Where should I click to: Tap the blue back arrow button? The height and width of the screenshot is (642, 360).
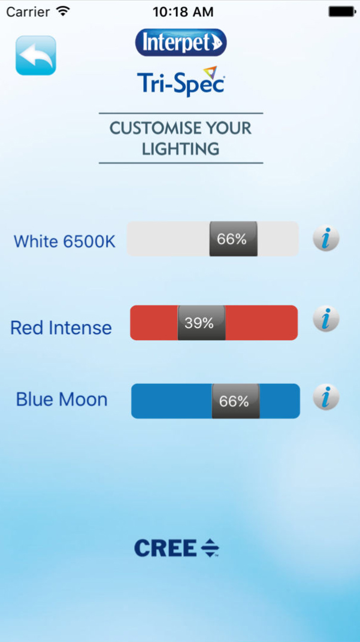[x=35, y=55]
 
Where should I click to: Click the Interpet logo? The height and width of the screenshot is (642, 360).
[x=181, y=42]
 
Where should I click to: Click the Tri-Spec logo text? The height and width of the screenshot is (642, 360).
[x=181, y=81]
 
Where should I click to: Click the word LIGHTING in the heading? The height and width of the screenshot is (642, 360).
[x=181, y=149]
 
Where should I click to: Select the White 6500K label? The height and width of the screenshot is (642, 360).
[x=65, y=241]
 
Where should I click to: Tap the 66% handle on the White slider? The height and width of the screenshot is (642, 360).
[x=234, y=239]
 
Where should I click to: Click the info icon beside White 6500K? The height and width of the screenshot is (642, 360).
[x=326, y=239]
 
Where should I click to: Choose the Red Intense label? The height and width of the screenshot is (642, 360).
[x=61, y=328]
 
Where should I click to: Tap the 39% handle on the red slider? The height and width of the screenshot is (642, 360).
[x=201, y=323]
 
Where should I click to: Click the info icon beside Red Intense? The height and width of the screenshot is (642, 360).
[x=326, y=319]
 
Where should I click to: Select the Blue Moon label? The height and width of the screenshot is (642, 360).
[x=62, y=399]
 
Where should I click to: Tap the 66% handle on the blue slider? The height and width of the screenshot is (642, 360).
[x=235, y=401]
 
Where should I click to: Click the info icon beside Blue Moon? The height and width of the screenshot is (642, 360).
[x=326, y=397]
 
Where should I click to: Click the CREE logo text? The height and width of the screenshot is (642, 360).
[x=165, y=548]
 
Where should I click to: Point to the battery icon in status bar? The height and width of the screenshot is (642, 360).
[x=342, y=11]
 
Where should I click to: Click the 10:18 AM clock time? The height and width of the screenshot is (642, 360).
[x=183, y=12]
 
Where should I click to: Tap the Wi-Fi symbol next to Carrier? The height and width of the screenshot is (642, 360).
[x=63, y=11]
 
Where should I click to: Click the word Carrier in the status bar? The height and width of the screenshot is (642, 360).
[x=29, y=12]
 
